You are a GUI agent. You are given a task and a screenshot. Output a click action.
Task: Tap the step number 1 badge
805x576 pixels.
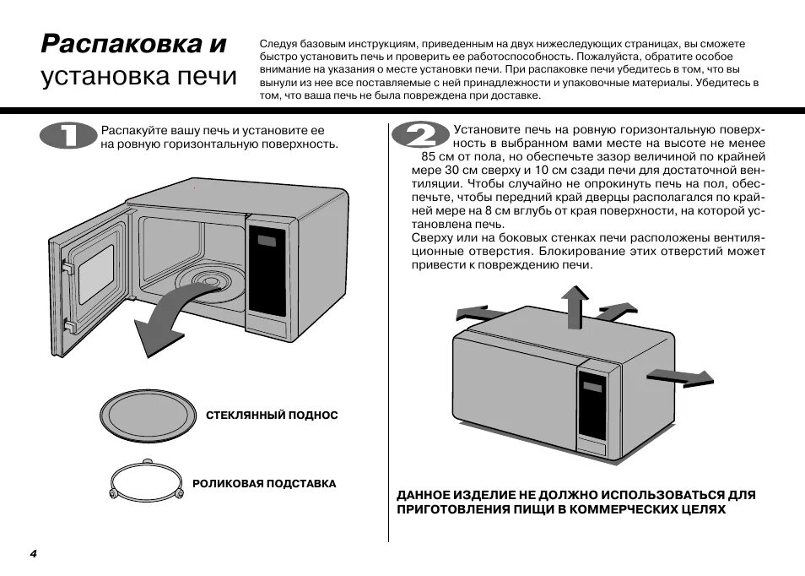coord(68,137)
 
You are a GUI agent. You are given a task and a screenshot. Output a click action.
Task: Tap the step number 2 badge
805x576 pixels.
coord(419,137)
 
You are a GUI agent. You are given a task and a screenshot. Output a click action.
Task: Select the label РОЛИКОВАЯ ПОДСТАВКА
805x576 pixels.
coord(264,484)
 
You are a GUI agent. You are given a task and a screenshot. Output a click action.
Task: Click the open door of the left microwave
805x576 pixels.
coord(89,279)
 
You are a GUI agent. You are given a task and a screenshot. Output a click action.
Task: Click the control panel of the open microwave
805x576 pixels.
coord(269,274)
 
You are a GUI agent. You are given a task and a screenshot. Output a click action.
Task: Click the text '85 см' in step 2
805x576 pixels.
coord(438,156)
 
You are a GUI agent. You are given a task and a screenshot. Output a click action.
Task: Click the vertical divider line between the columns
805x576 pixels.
coord(388,338)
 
